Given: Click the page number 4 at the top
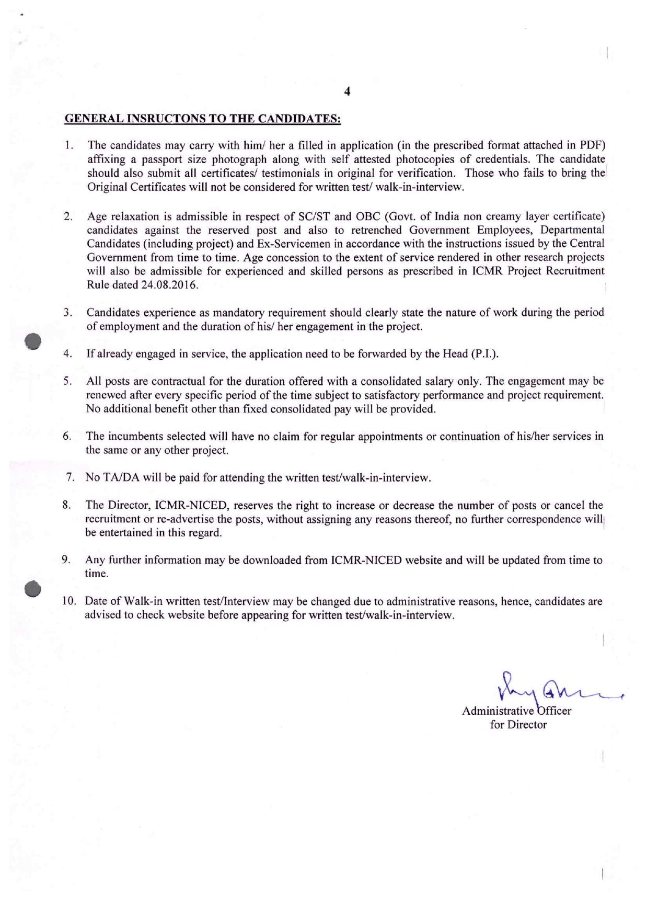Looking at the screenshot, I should (348, 92).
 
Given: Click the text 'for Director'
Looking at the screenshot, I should (518, 725).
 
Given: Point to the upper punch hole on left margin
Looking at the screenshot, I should (34, 341).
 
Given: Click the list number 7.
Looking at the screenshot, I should (70, 477).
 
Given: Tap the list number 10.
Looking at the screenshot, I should (69, 601).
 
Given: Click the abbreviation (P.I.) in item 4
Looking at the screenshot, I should (484, 354).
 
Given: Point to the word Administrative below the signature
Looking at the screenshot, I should (498, 711).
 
